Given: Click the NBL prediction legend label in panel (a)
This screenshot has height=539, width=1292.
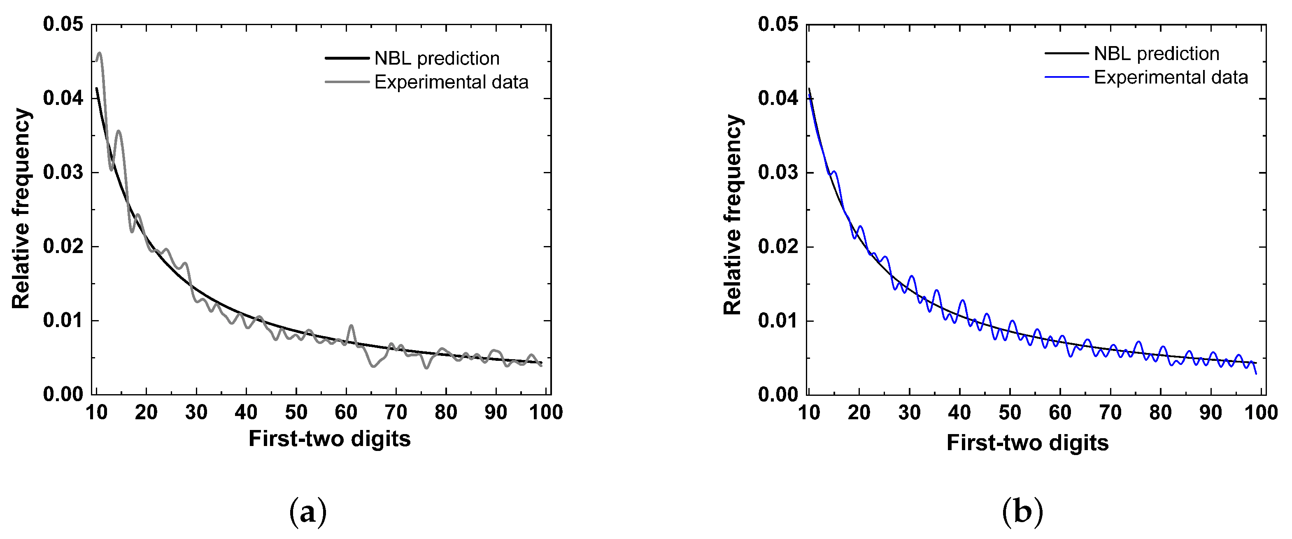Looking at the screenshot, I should point(437,59).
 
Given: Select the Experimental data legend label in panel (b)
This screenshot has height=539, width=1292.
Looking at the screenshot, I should point(1171,78).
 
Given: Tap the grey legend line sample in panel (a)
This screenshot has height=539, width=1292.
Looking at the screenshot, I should point(347,82).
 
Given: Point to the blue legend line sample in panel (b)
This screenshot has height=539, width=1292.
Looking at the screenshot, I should point(1067,77).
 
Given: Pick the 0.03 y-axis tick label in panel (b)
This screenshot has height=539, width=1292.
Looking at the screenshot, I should point(778,172).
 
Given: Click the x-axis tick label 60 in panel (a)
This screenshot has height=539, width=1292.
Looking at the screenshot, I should point(346,413).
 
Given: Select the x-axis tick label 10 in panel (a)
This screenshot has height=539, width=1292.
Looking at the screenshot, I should point(96,413).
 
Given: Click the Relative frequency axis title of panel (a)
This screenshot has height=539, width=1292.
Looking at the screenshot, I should point(21,209).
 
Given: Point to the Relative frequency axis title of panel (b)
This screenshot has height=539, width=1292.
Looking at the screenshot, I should point(733,215).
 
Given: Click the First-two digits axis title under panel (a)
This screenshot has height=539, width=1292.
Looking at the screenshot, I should point(330,439).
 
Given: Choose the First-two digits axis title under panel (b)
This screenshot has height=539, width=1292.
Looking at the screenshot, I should point(1028,443).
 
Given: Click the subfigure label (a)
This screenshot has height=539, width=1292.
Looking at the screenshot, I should point(308,512).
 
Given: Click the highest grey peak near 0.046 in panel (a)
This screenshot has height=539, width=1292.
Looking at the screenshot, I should point(99,53).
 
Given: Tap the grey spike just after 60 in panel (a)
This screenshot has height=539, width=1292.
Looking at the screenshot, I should point(351,326).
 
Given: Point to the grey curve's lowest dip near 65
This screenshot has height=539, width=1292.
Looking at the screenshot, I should point(373,367).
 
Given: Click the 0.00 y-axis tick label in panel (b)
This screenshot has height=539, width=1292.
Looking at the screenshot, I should point(778,395).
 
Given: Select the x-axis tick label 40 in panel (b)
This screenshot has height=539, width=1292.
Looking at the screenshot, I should point(959,413).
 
